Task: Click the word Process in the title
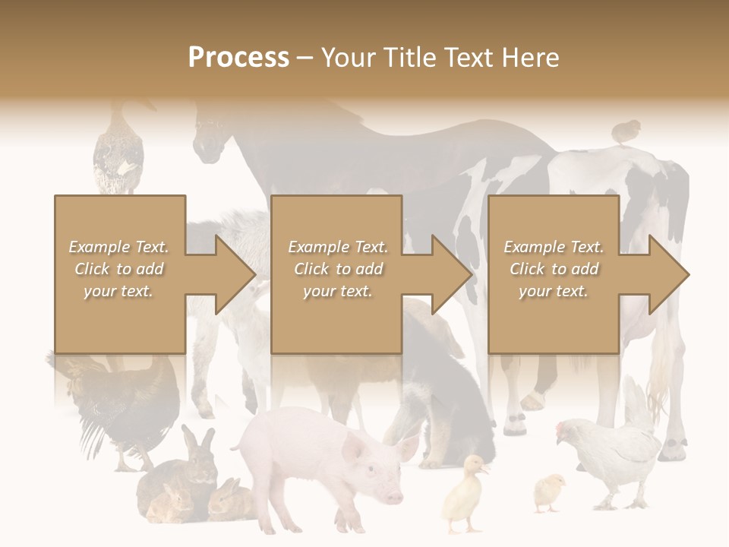tap(238, 58)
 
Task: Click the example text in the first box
tap(119, 269)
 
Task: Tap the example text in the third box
tap(554, 269)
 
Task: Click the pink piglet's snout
tap(394, 496)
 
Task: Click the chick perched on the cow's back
tap(626, 131)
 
